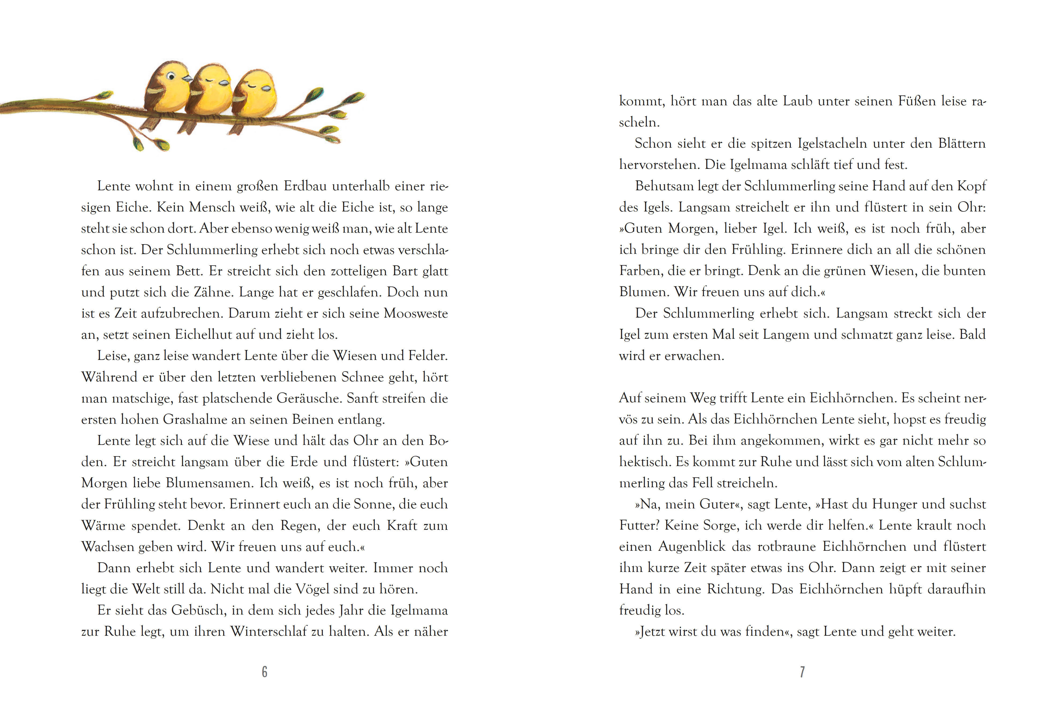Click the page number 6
265,672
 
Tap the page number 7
802,672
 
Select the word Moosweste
416,313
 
